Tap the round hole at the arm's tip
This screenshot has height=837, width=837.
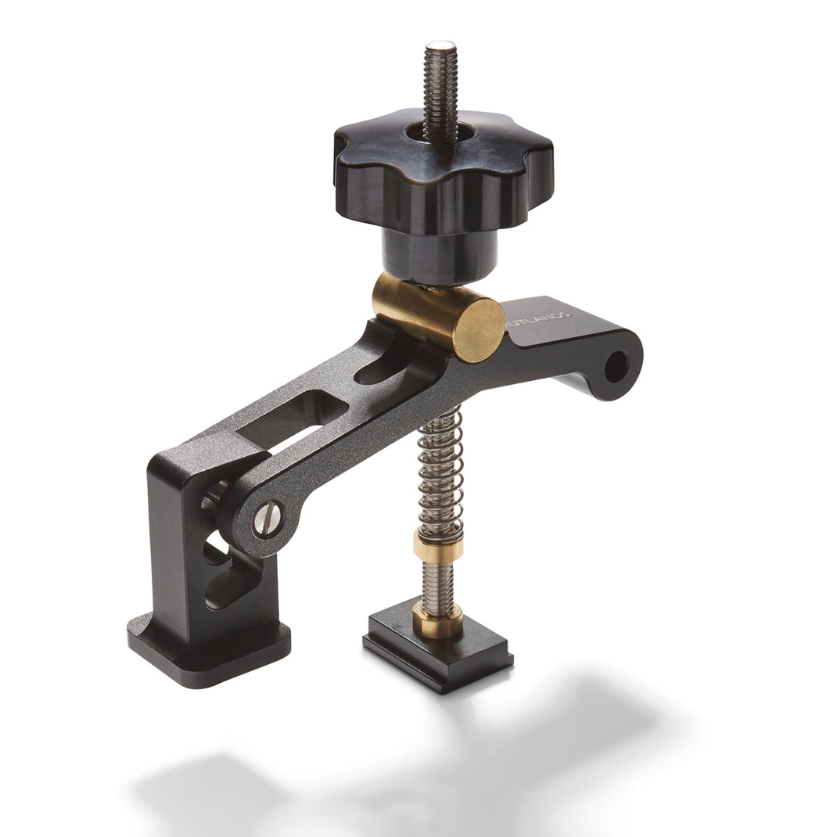[x=616, y=365]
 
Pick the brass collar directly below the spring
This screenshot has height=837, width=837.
[x=439, y=544]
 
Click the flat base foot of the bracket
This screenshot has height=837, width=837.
[x=207, y=649]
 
